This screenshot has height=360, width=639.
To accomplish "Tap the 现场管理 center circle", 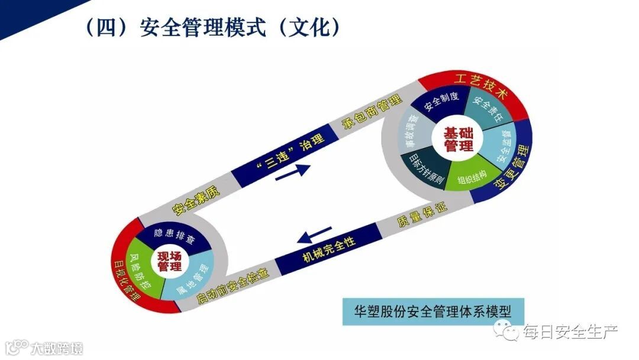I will [169, 261].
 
